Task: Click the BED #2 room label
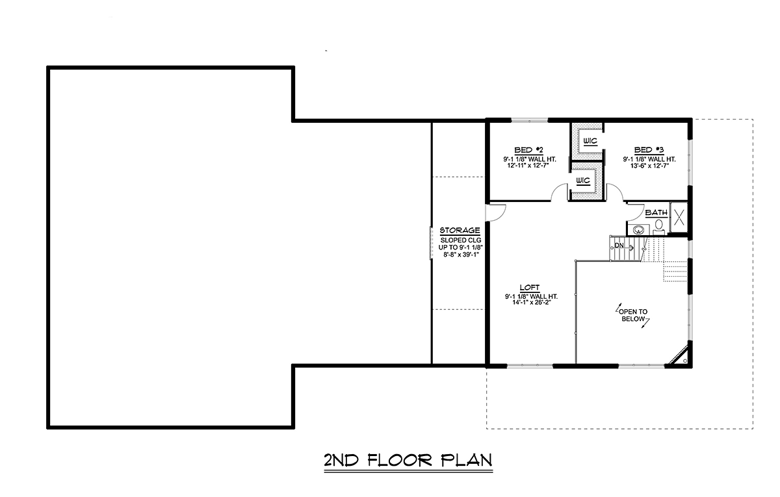528,150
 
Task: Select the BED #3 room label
649,150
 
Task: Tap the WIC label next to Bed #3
590,141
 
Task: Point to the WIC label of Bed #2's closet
583,181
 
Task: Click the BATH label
656,212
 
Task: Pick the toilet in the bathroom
659,226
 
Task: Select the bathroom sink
638,230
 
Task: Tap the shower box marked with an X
679,218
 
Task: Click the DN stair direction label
619,246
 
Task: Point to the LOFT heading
530,287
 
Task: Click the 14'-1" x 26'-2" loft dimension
532,303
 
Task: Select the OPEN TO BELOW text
633,315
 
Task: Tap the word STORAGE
460,231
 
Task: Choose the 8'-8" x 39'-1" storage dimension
461,255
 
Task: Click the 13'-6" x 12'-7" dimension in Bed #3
649,166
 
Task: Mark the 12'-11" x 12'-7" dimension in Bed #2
528,166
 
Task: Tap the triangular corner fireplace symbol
679,356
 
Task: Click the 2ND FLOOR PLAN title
408,461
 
